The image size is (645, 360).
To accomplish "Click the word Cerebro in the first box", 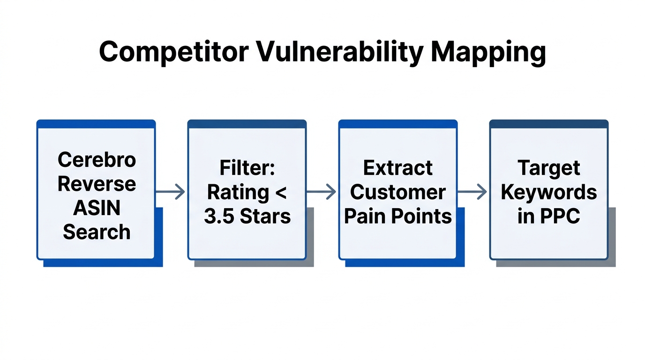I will pyautogui.click(x=97, y=160).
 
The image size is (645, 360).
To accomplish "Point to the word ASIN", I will pyautogui.click(x=97, y=208).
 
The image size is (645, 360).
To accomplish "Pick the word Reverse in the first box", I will pyautogui.click(x=97, y=184).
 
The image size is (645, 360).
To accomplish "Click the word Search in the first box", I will pyautogui.click(x=97, y=232).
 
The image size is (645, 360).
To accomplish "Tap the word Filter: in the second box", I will pyautogui.click(x=247, y=168).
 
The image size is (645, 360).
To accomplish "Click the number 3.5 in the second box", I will pyautogui.click(x=220, y=217).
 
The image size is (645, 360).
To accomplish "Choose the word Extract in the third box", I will pyautogui.click(x=398, y=168).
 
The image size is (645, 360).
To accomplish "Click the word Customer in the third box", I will pyautogui.click(x=398, y=192).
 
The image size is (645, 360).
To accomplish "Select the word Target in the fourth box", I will pyautogui.click(x=549, y=168).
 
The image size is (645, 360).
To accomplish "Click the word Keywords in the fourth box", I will pyautogui.click(x=549, y=192).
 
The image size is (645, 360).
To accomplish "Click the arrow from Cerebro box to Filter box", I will pyautogui.click(x=171, y=192).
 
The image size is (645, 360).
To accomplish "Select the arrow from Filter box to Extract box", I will pyautogui.click(x=322, y=192).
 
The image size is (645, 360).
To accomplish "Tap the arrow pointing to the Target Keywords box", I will pyautogui.click(x=472, y=192).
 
